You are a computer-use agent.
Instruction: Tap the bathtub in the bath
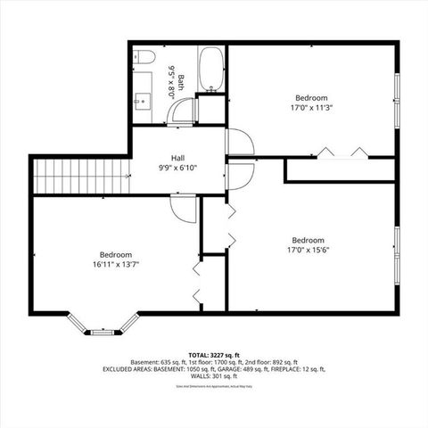pyautogui.click(x=211, y=70)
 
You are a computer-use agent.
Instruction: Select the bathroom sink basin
pyautogui.click(x=143, y=98)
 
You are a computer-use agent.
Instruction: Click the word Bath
pyautogui.click(x=179, y=82)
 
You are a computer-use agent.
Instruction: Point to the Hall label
pyautogui.click(x=177, y=158)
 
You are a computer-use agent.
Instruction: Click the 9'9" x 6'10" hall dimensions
pyautogui.click(x=177, y=168)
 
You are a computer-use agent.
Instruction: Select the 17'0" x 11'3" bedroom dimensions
pyautogui.click(x=311, y=108)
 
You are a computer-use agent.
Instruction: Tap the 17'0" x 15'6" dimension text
pyautogui.click(x=308, y=250)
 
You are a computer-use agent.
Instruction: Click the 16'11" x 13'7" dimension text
pyautogui.click(x=116, y=264)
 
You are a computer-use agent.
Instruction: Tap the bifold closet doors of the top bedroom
pyautogui.click(x=342, y=152)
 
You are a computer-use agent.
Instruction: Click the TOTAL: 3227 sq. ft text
pyautogui.click(x=213, y=355)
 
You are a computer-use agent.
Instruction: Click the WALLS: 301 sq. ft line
pyautogui.click(x=213, y=375)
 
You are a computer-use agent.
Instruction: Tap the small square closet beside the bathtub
pyautogui.click(x=211, y=109)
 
